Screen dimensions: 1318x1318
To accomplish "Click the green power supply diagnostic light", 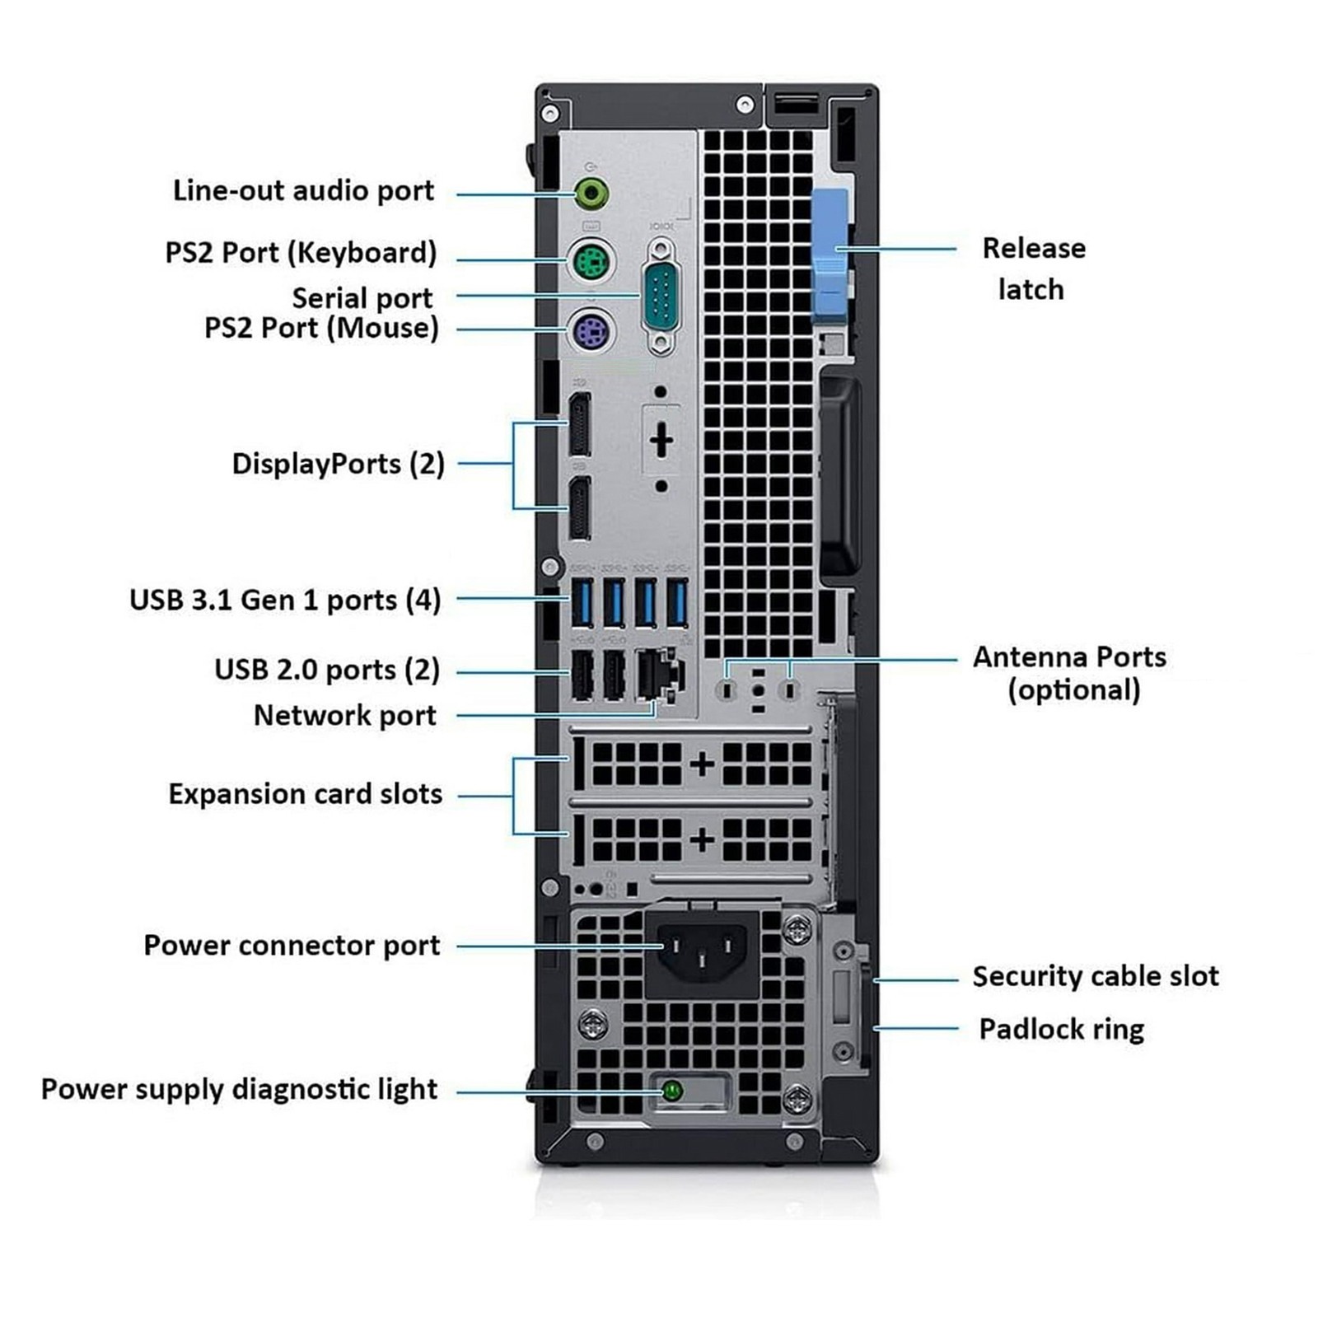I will (672, 1091).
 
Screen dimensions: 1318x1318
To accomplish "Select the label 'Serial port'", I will (362, 297).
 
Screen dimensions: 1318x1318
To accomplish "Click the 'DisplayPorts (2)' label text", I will (338, 464).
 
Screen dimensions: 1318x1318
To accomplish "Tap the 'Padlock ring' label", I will (1061, 1029).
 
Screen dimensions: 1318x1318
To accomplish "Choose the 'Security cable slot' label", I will (1095, 976).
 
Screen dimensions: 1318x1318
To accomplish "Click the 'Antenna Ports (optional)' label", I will (1070, 673).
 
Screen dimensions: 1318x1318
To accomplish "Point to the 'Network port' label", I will (344, 715).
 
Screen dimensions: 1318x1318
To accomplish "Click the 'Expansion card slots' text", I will (305, 794).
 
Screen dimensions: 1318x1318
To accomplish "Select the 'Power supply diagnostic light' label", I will (239, 1089).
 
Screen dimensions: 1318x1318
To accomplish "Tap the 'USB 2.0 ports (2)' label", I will (327, 670).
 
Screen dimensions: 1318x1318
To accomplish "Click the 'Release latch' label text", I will (1033, 269).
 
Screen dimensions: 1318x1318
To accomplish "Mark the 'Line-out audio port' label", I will (303, 190).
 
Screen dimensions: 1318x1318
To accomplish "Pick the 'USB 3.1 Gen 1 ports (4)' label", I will (285, 600).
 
